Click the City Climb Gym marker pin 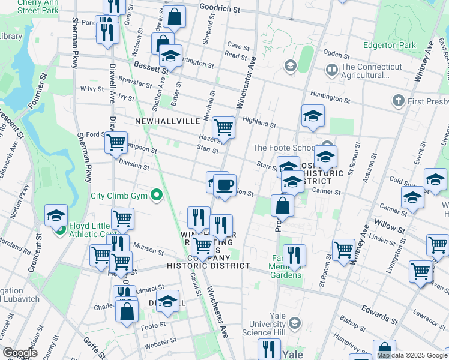click(x=157, y=195)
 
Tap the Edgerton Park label click(x=389, y=45)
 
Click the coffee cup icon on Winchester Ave click(x=224, y=185)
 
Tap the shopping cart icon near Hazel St click(x=223, y=127)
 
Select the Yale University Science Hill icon click(x=294, y=324)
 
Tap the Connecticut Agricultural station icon click(x=331, y=70)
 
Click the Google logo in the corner click(x=19, y=353)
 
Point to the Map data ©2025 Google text click(x=412, y=355)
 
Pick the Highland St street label click(x=259, y=122)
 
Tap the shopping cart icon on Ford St click(x=115, y=143)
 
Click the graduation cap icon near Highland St click(x=312, y=116)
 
